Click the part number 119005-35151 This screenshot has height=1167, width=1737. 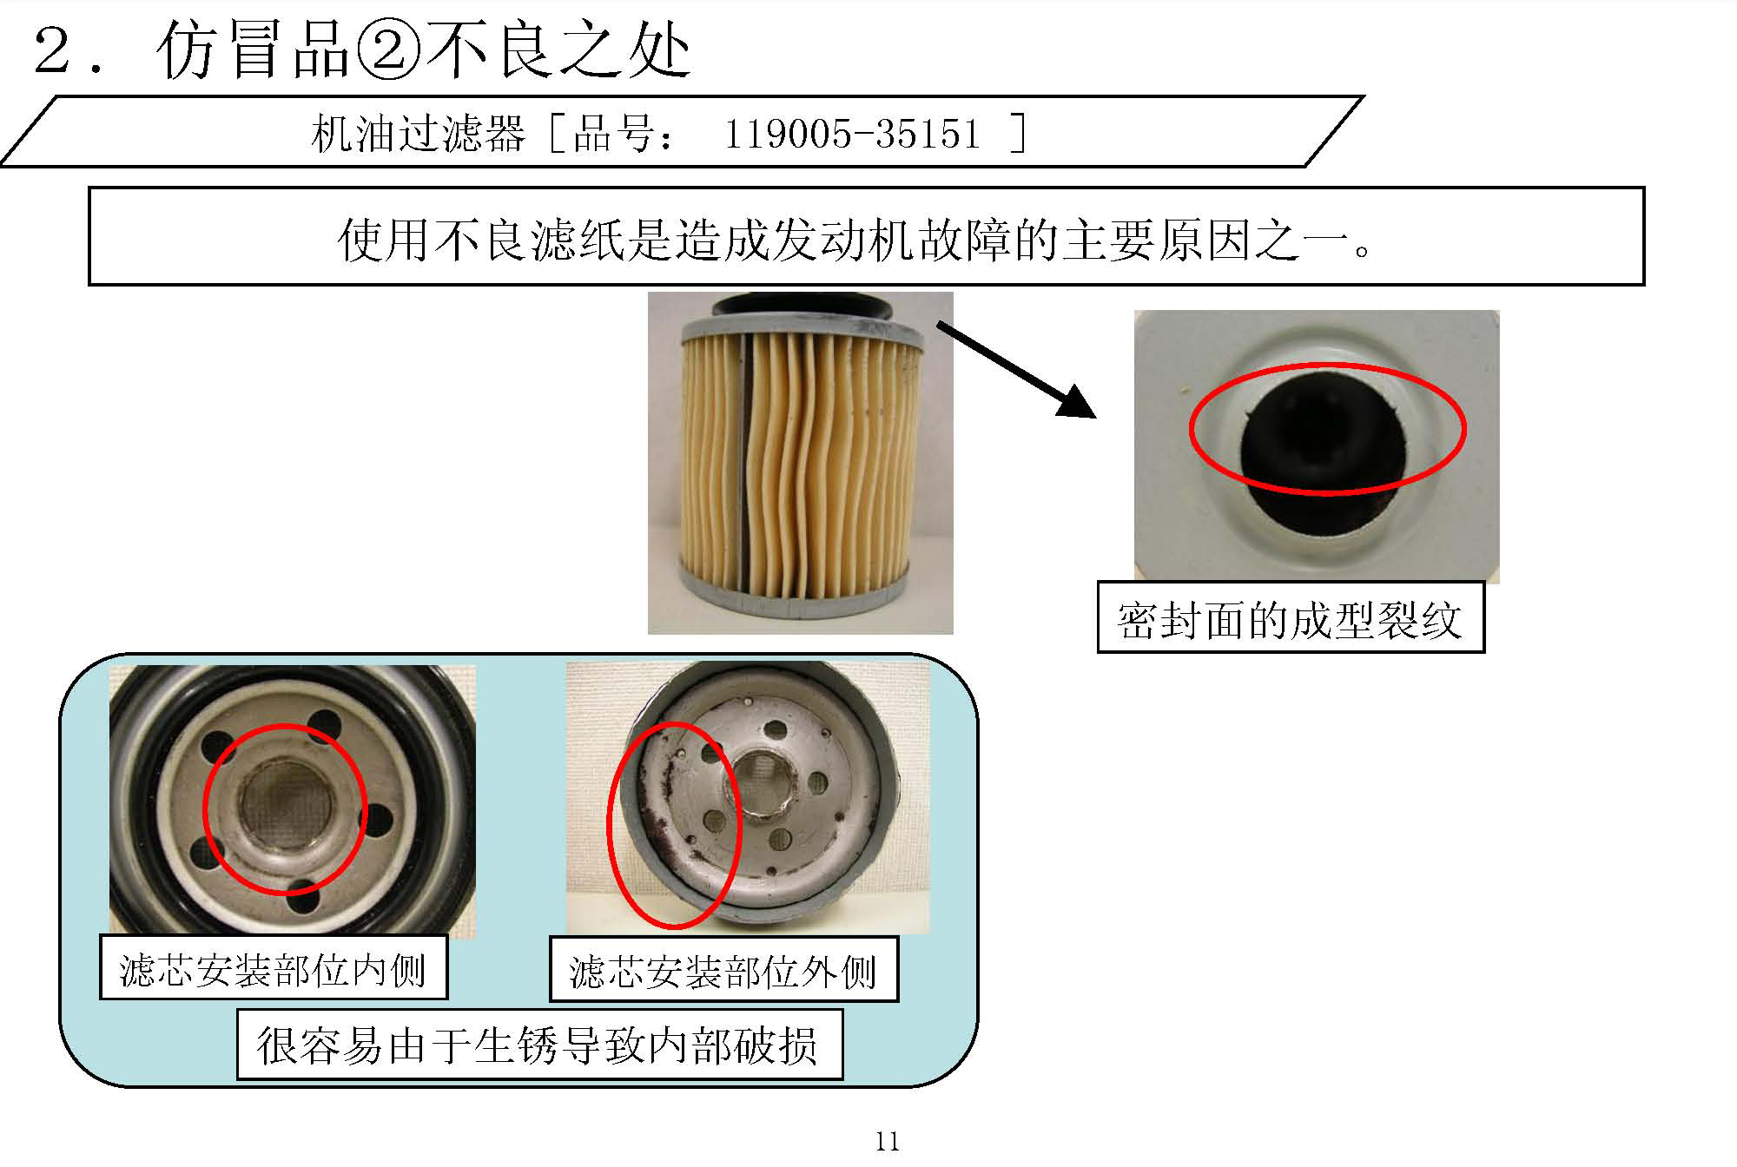point(851,135)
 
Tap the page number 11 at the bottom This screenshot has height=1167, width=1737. point(887,1141)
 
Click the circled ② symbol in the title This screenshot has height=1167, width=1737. point(387,51)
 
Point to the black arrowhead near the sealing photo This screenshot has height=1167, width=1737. point(1077,403)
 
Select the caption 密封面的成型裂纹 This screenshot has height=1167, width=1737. point(1290,620)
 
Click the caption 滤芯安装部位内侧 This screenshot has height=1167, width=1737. point(273,969)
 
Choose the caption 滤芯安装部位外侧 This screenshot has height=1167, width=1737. point(723,971)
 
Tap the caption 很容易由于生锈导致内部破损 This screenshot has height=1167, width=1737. point(538,1045)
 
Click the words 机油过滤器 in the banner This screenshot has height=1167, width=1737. point(418,135)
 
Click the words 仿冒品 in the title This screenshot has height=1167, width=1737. point(252,51)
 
